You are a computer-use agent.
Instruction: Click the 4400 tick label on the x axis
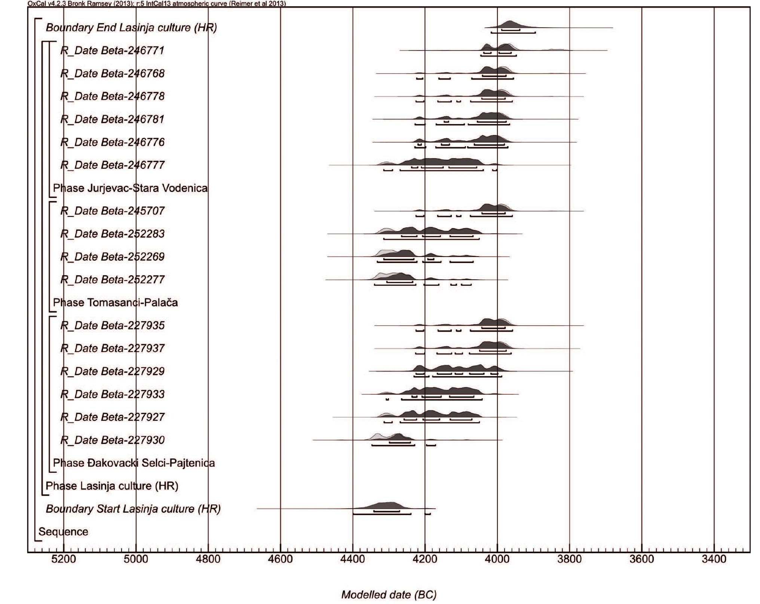point(352,559)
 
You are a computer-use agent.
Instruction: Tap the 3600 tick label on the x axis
point(641,559)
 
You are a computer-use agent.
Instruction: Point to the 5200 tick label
point(64,559)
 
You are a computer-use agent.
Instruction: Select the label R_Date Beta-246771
point(112,50)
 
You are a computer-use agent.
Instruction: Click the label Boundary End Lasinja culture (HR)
point(131,28)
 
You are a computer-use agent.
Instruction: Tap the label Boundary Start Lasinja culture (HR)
point(133,509)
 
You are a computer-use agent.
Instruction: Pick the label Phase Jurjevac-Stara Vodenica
point(130,188)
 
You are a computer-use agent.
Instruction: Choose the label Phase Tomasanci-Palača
point(115,302)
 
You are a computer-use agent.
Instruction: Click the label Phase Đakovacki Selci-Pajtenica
point(134,463)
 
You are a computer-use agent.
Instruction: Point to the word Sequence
point(63,531)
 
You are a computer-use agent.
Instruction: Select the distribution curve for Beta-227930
point(398,437)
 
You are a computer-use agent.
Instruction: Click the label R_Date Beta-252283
point(112,234)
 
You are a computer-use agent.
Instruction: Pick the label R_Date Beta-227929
point(112,371)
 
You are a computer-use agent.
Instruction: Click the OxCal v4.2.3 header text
point(157,3)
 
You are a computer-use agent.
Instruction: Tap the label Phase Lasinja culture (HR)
point(112,486)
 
